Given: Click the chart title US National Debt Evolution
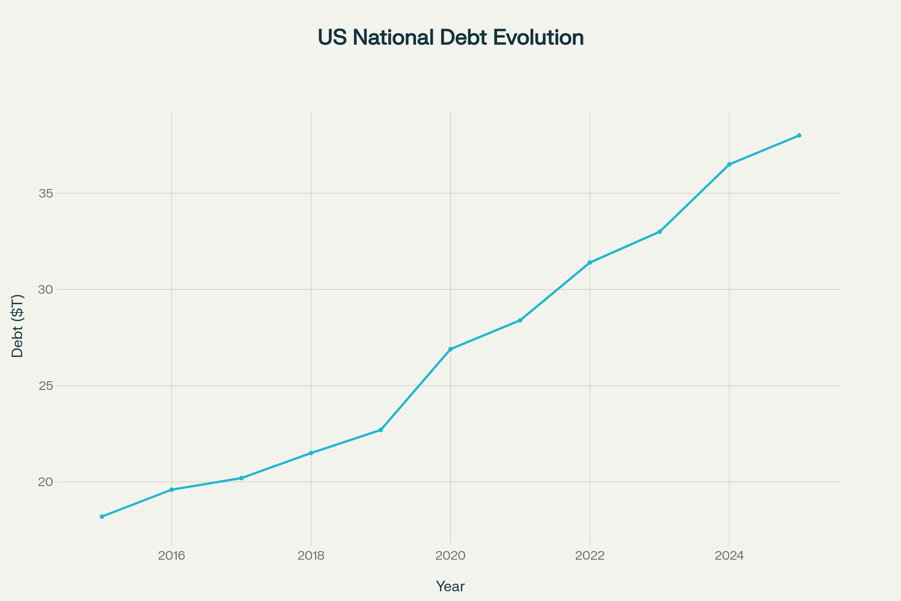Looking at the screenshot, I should (x=450, y=38).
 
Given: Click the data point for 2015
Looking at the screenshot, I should (x=102, y=517).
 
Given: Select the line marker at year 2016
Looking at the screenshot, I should (x=172, y=490).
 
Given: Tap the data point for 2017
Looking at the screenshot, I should (x=241, y=478).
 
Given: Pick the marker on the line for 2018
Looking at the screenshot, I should (x=311, y=453).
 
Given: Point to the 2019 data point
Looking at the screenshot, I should (x=381, y=430).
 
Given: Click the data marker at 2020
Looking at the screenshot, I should (x=450, y=349).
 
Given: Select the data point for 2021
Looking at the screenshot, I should (x=520, y=320).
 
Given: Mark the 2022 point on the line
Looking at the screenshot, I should (x=590, y=263).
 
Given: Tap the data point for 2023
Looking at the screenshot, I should (x=660, y=232).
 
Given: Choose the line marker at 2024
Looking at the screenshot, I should (x=729, y=165).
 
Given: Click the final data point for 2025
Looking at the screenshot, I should (x=799, y=136).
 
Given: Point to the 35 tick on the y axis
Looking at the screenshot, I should (x=45, y=193).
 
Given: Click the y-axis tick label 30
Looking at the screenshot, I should (x=45, y=290).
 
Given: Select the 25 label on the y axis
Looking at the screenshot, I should (x=45, y=386).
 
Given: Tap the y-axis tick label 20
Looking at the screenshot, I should (x=45, y=482).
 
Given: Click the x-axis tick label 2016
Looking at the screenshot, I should (x=172, y=556).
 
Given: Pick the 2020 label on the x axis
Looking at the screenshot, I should (x=450, y=556).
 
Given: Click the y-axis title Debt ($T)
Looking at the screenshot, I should (x=18, y=326).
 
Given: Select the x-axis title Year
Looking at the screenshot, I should (x=450, y=586).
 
